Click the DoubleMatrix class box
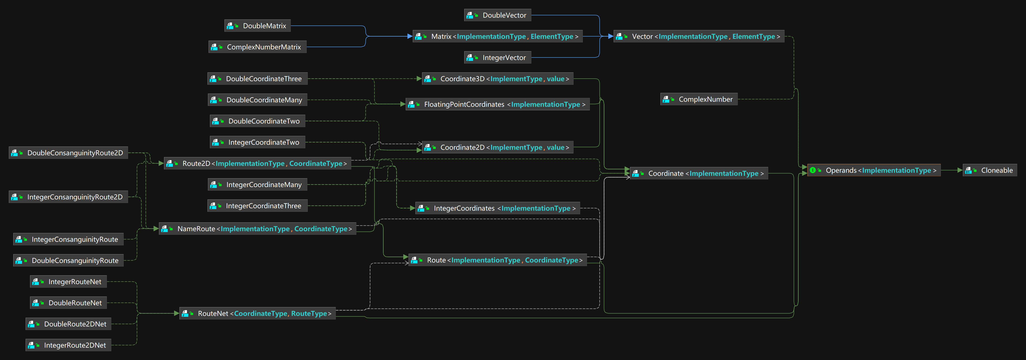coord(257,26)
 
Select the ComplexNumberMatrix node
coord(257,47)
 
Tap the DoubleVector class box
coord(498,15)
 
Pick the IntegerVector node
coord(498,58)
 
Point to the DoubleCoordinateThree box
coord(257,79)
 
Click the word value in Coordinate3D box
coord(555,79)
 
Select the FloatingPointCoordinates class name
coord(464,104)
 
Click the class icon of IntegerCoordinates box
coord(421,208)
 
